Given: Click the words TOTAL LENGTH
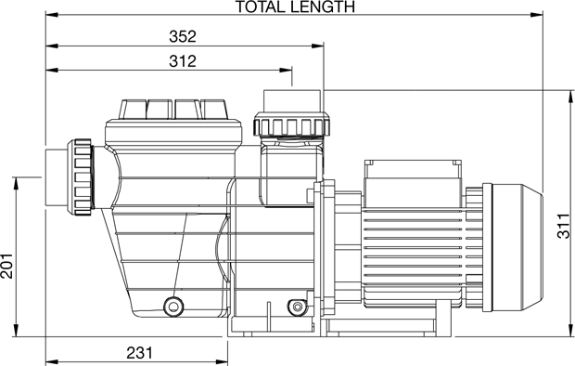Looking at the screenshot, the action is point(295,7).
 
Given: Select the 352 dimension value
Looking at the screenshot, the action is point(183,36).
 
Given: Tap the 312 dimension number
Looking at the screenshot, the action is point(183,61).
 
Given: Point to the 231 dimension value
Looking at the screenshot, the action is point(140,353).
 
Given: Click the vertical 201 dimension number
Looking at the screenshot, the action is point(7,266).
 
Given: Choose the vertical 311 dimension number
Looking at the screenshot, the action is point(564,226).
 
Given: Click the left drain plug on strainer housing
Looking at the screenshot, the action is point(173,306).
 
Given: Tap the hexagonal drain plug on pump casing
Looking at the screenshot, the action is point(297,306).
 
